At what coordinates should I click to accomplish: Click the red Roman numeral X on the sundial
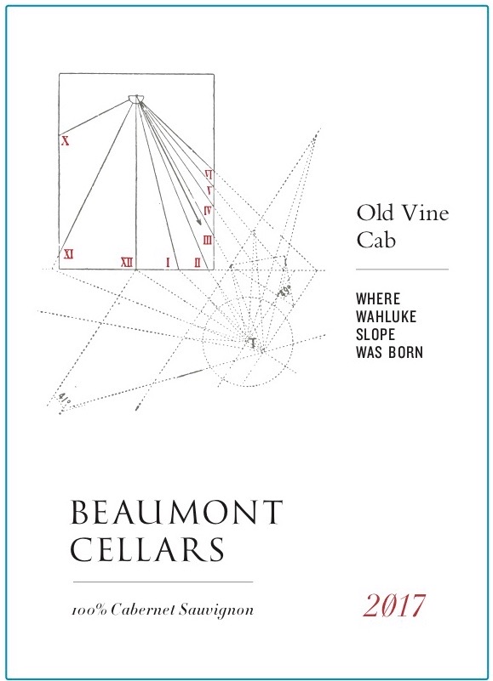(66, 141)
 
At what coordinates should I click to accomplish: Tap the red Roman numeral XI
(68, 254)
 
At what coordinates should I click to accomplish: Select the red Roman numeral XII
(127, 263)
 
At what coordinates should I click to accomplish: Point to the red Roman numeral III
(208, 240)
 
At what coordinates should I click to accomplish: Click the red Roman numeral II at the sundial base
(198, 263)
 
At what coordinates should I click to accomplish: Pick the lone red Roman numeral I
(168, 263)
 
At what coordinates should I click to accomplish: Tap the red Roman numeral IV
(208, 211)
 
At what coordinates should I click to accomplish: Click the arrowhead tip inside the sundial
(200, 224)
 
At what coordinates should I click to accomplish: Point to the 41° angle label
(64, 398)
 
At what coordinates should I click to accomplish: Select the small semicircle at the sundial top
(135, 99)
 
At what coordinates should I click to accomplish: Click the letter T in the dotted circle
(252, 343)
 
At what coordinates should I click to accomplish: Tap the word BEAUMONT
(176, 512)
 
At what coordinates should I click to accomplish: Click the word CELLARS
(147, 549)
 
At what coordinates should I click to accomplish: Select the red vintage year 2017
(394, 606)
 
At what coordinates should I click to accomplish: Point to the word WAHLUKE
(386, 316)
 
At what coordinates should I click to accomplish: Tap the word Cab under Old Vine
(376, 239)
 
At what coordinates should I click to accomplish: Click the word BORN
(405, 352)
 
